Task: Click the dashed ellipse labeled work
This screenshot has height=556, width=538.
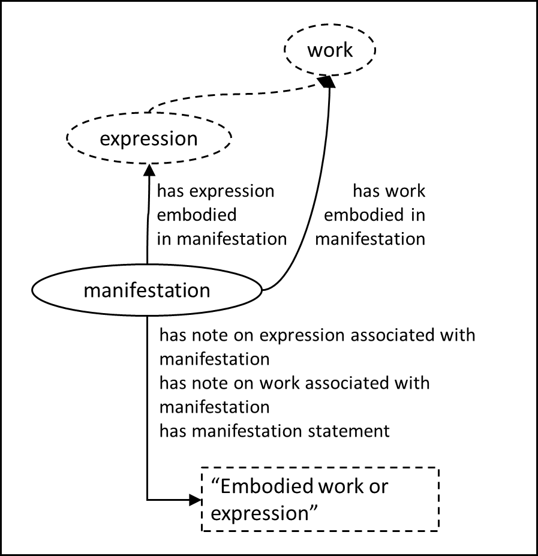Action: [330, 50]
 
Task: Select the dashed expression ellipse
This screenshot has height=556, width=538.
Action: [148, 139]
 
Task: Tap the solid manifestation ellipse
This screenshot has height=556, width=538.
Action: [147, 291]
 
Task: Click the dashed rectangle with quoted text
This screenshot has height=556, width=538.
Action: [319, 500]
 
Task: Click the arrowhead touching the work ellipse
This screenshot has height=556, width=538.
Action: [326, 82]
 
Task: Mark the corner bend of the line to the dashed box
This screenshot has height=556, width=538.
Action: [148, 499]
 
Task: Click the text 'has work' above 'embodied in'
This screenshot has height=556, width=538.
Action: [389, 191]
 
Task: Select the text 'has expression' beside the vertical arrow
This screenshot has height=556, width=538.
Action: [215, 191]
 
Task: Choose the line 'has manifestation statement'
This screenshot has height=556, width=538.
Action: [274, 431]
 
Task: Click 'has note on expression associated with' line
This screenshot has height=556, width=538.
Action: [317, 335]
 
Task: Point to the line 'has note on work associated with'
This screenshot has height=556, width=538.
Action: [294, 383]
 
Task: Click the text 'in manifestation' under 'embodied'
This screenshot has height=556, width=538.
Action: [222, 239]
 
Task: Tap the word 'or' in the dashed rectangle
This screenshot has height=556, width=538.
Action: [378, 486]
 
